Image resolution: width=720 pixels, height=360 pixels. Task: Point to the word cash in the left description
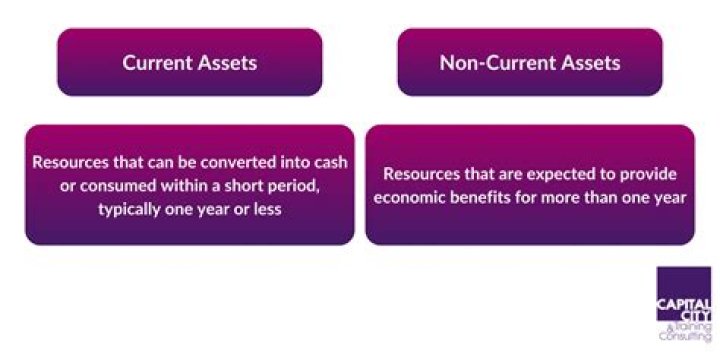[330, 161]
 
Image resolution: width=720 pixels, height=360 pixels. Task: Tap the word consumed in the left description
[99, 186]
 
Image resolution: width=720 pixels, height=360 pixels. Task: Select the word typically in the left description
[130, 210]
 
